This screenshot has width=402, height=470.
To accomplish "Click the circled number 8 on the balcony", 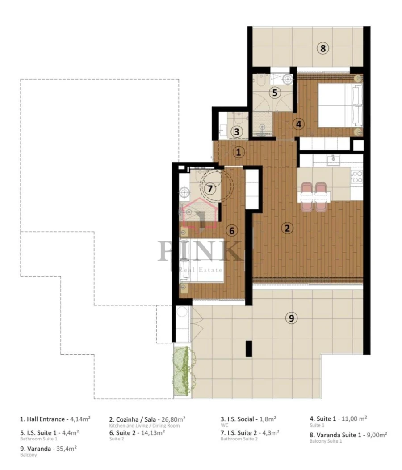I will [x=322, y=48].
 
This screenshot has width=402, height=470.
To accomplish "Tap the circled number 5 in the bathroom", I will [x=275, y=93].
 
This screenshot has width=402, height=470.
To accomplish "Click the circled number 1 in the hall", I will [x=239, y=152].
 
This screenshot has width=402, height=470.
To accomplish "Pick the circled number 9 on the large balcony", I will [x=291, y=318].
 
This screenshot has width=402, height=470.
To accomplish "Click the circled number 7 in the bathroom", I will [x=209, y=188].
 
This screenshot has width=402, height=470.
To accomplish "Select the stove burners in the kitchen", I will [x=357, y=177].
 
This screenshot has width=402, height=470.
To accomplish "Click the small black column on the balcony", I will [x=249, y=349].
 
